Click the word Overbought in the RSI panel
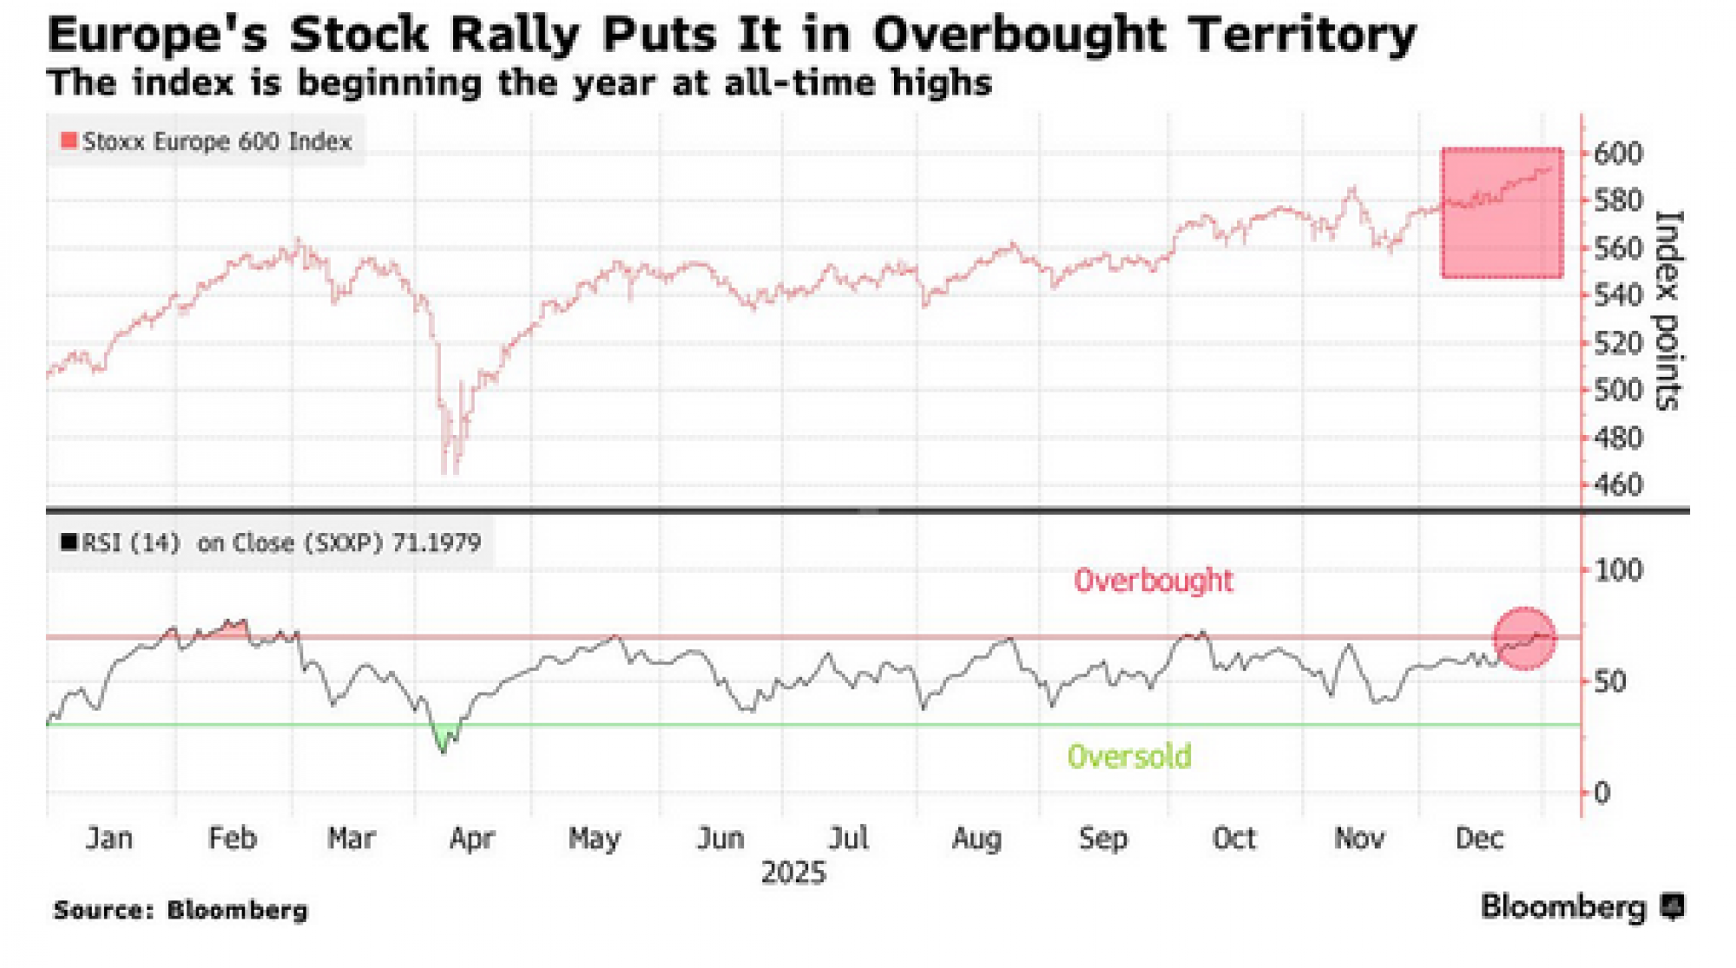point(1153,580)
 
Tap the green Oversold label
point(1128,756)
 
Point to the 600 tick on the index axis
point(1618,154)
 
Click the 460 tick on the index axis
point(1618,484)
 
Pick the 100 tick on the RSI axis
point(1618,570)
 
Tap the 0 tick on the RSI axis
point(1601,793)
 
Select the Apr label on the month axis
point(471,839)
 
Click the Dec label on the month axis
point(1479,839)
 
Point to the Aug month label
point(976,839)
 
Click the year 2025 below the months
point(793,873)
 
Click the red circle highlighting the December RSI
point(1524,638)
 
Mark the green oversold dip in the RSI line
point(445,739)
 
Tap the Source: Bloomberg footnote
point(181,910)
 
